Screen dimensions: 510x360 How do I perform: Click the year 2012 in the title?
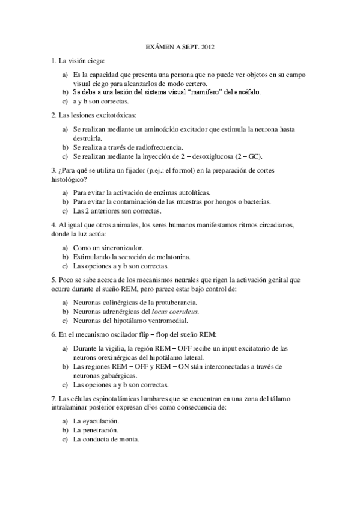coord(206,46)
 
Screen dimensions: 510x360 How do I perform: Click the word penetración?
coord(97,430)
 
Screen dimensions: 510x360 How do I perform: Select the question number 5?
coord(53,280)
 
